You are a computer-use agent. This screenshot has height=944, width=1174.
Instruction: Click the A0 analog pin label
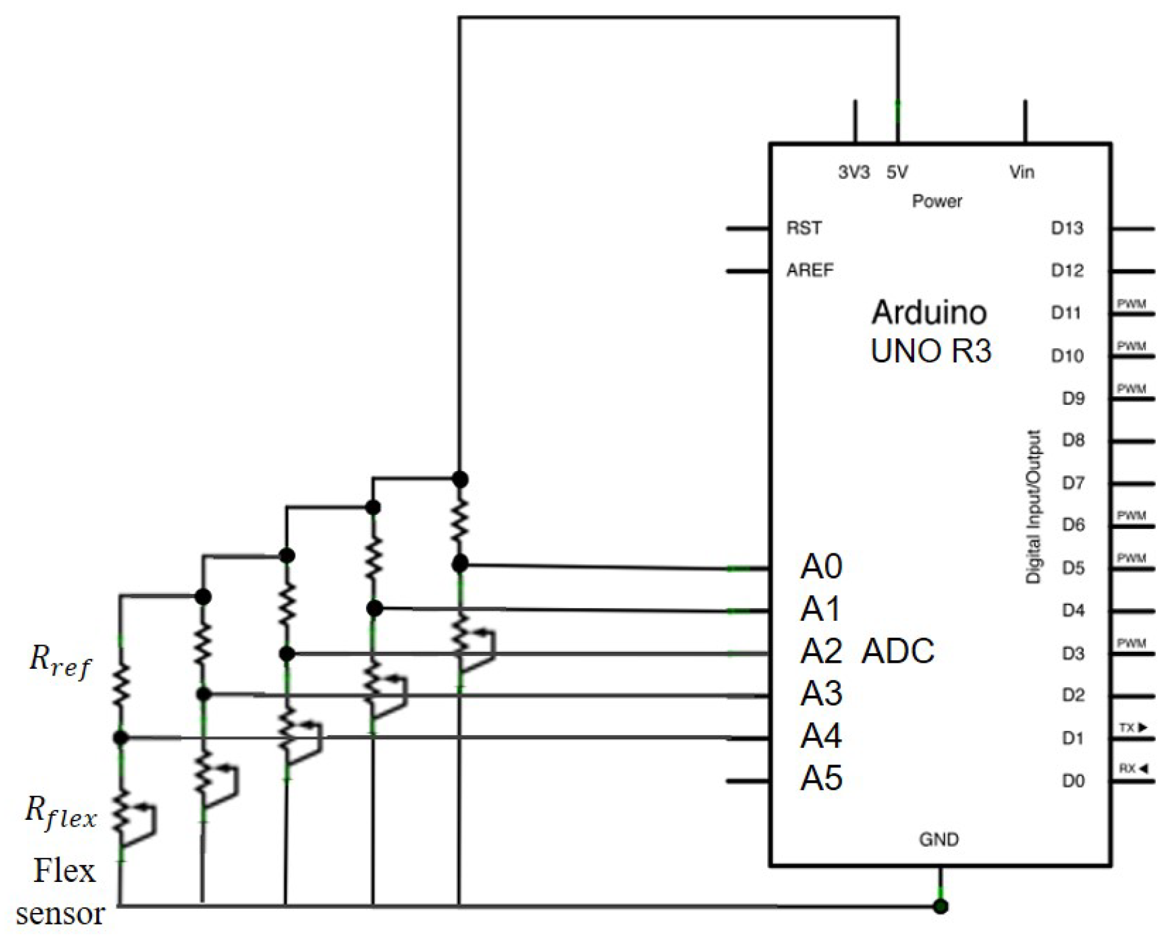(x=820, y=567)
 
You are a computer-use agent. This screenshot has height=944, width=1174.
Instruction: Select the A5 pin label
(x=820, y=778)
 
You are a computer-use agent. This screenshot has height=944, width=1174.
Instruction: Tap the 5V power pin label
(x=896, y=172)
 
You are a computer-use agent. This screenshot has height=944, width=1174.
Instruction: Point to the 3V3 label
(x=853, y=172)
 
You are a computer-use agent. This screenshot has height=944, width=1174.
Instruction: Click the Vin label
(x=1021, y=172)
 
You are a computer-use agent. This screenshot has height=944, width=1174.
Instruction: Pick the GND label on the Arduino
(x=938, y=840)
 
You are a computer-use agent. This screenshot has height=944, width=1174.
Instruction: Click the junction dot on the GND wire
(x=940, y=907)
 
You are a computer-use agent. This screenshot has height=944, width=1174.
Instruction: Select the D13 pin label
(x=1067, y=228)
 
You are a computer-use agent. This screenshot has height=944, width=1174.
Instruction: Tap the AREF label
(x=809, y=270)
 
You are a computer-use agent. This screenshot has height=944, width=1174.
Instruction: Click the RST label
(x=804, y=228)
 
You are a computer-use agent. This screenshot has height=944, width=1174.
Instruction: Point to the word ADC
(x=898, y=651)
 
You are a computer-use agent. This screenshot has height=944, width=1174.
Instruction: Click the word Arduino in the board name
(x=929, y=313)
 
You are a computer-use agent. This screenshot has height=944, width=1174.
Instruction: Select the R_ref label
(x=60, y=661)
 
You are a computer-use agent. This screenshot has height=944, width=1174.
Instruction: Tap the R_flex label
(x=60, y=813)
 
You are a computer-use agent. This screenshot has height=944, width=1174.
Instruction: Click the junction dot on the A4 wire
(x=121, y=738)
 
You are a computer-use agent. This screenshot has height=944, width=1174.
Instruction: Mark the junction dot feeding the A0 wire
(x=460, y=564)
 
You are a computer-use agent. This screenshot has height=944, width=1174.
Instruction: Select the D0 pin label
(x=1073, y=781)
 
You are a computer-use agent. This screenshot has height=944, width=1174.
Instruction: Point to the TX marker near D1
(x=1133, y=728)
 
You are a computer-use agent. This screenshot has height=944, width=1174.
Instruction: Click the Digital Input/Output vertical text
(x=1033, y=507)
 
